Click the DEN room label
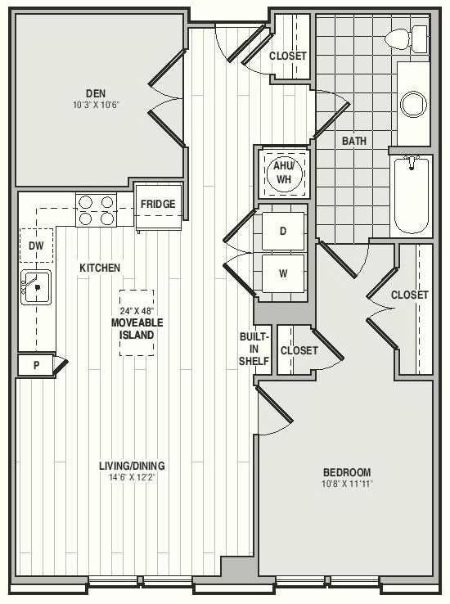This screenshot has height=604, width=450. point(96,93)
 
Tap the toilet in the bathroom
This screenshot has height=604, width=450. point(406,39)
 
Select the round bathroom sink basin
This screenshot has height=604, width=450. point(413,104)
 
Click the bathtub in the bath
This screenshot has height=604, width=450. point(411,196)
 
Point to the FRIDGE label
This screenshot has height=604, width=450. point(158,204)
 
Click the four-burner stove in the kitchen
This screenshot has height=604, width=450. point(97,210)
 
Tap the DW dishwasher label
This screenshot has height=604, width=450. point(36,246)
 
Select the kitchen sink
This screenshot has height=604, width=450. point(36,287)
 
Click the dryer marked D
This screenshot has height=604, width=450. point(283,231)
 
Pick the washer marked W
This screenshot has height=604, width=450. point(283,273)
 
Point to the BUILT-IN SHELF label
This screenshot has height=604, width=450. point(254,349)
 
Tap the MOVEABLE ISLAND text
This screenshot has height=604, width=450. point(137,328)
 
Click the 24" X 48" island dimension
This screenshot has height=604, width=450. point(137,310)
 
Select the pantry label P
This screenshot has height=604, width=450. point(36,365)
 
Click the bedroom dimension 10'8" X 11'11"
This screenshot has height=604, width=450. point(347,484)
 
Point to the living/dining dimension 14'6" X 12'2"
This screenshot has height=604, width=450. point(132,477)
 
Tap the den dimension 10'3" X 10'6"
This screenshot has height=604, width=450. point(96,105)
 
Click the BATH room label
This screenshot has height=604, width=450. point(354,141)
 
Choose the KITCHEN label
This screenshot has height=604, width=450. point(100,268)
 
